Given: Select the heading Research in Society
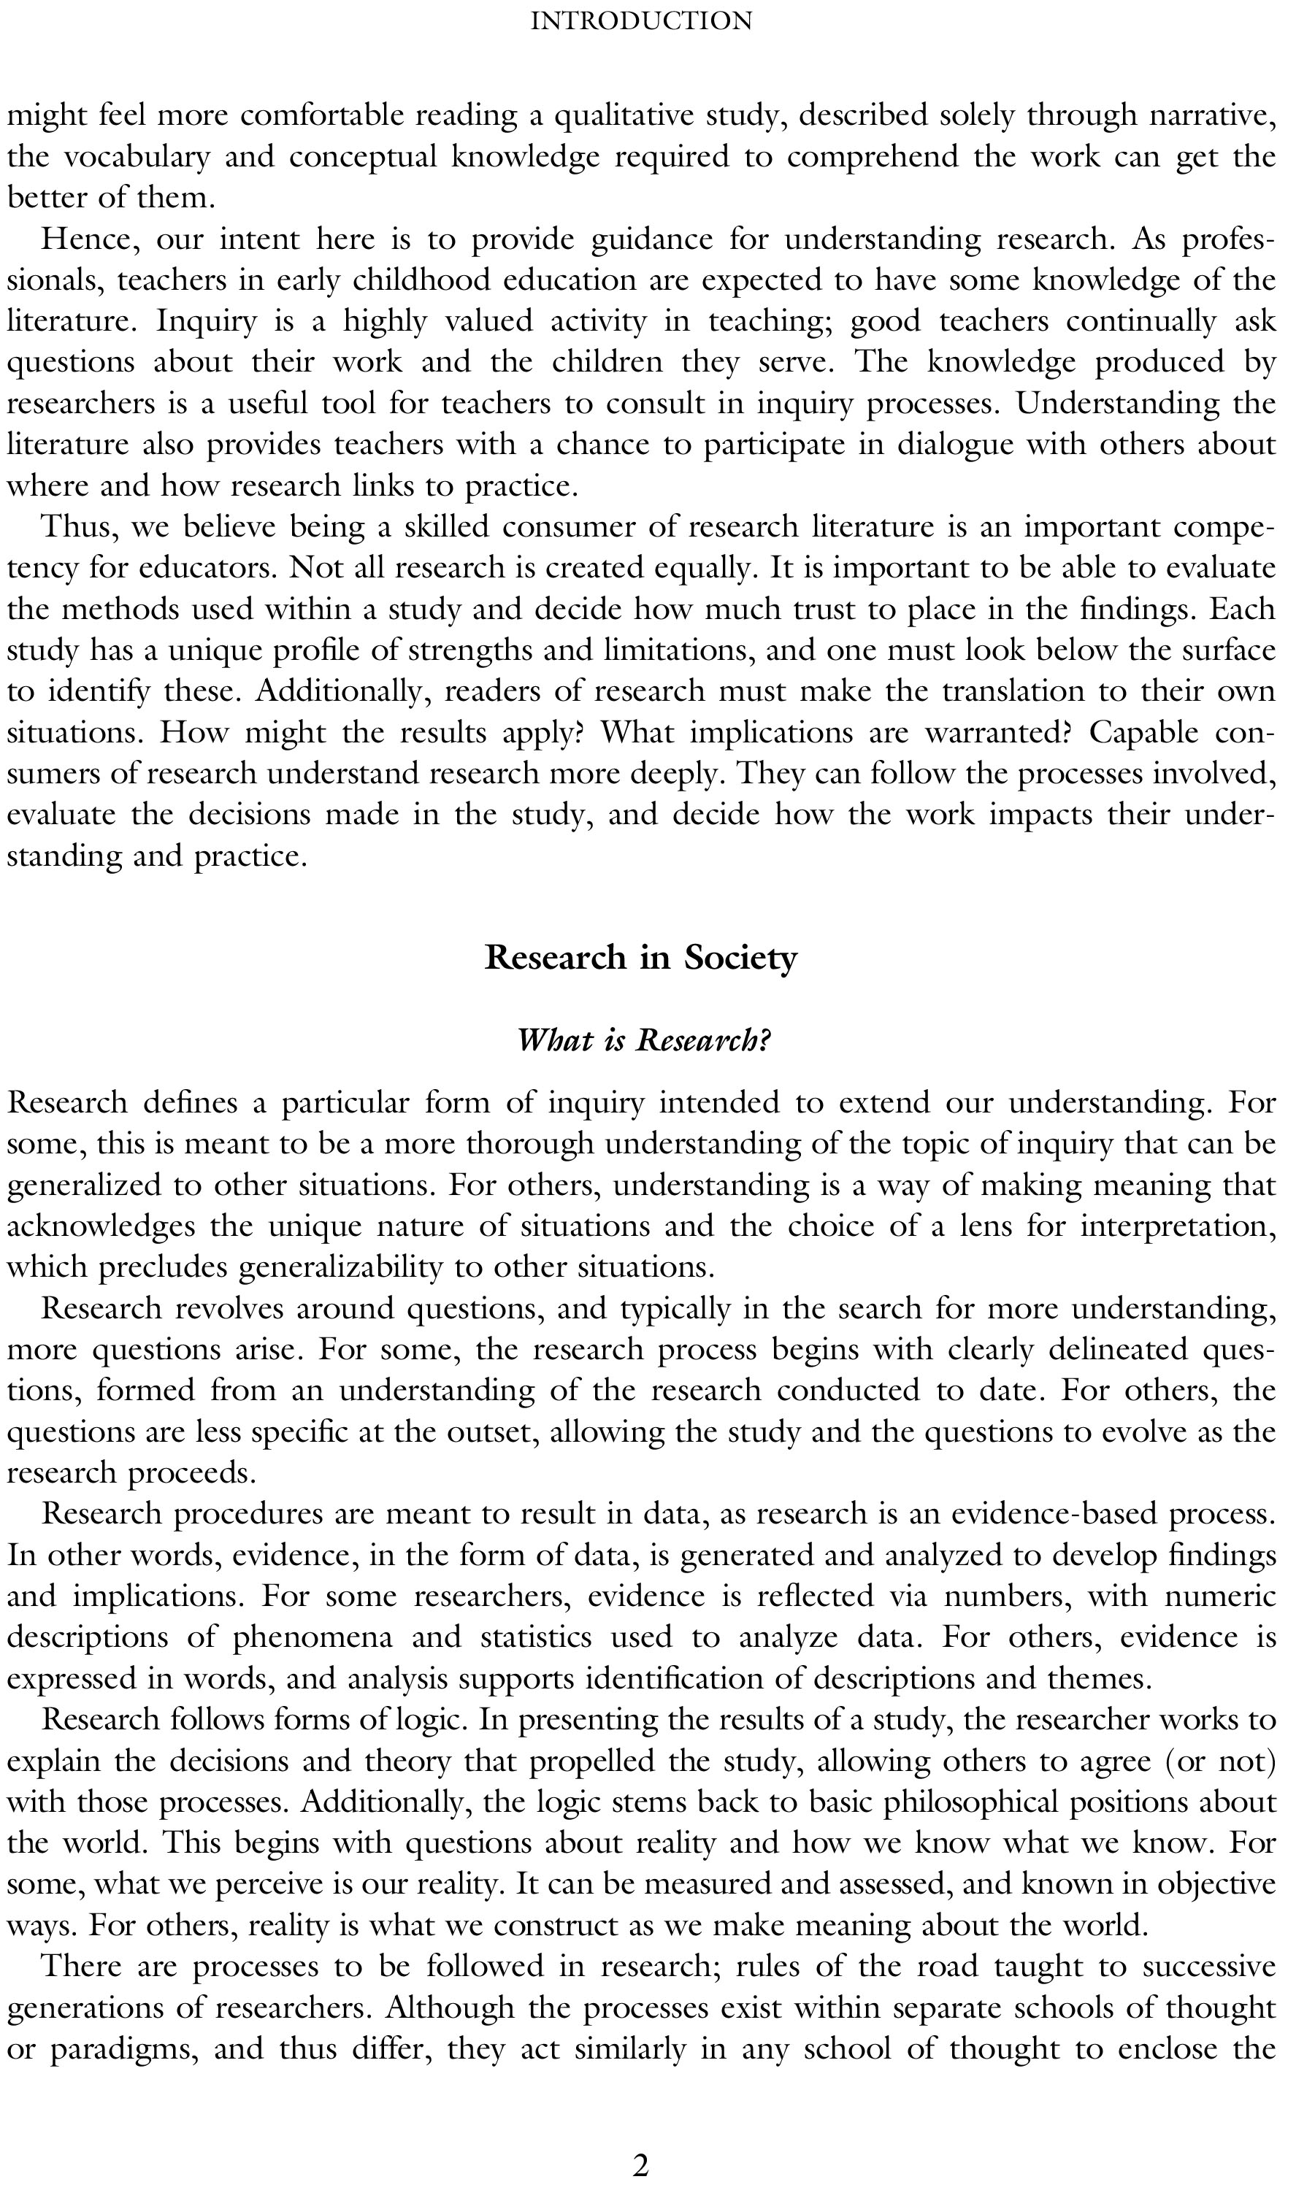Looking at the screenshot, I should point(640,958).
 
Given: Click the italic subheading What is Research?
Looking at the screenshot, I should point(643,1040).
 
